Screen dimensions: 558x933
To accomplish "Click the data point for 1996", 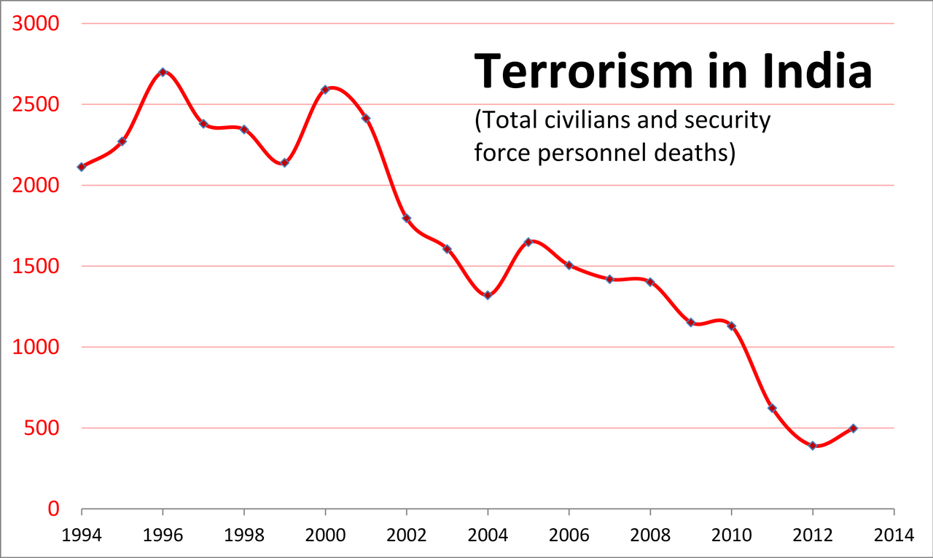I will [x=163, y=72].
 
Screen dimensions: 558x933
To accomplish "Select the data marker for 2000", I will [x=325, y=90].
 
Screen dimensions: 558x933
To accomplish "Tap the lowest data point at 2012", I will [x=813, y=445].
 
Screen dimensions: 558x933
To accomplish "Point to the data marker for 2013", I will [x=854, y=428].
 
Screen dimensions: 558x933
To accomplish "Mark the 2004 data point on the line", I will [x=488, y=295].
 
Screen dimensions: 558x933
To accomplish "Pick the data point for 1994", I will [x=82, y=167].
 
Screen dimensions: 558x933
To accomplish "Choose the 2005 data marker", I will [x=528, y=242].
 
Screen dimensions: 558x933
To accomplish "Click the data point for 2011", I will [x=772, y=408].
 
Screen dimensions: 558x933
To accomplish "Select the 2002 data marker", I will [x=407, y=219].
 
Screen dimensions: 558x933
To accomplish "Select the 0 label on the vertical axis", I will [x=54, y=509].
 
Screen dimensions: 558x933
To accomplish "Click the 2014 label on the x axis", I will [x=894, y=535].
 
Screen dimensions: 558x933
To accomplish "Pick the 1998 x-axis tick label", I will [x=243, y=535].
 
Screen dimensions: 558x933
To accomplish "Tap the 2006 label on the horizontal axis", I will [x=569, y=535].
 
